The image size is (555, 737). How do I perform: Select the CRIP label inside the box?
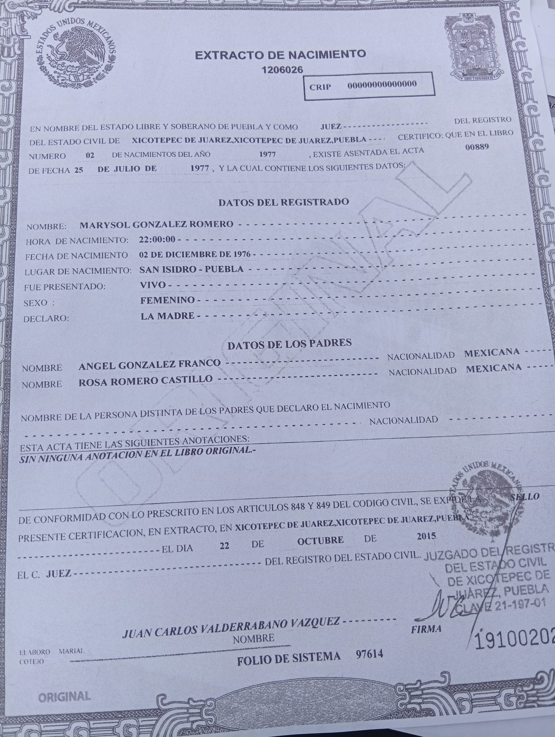tap(320, 87)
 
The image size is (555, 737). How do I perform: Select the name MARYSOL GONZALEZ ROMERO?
tap(156, 224)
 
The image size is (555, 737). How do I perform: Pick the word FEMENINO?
tap(167, 300)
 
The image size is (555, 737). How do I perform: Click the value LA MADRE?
tap(168, 316)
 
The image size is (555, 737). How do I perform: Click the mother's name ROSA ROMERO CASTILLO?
tap(145, 380)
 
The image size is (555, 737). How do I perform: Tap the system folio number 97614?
tap(369, 654)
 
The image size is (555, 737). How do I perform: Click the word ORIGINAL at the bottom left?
tap(64, 696)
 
